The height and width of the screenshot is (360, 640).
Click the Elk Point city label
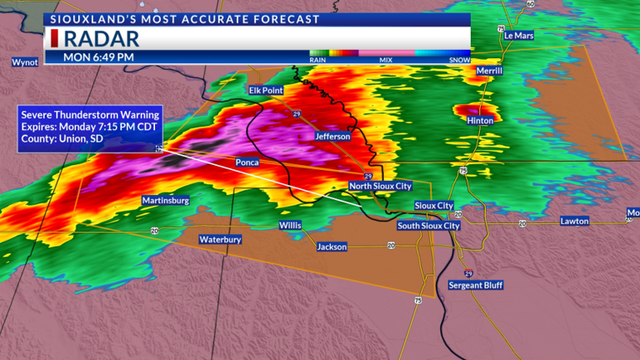click(x=267, y=90)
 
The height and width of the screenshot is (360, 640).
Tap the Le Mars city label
click(x=517, y=37)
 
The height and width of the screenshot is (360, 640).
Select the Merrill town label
click(x=490, y=72)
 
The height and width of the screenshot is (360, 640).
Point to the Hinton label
click(x=480, y=121)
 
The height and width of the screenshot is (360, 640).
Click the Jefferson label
click(x=332, y=136)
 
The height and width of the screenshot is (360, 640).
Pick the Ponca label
click(x=247, y=162)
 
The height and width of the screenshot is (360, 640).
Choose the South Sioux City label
click(x=428, y=226)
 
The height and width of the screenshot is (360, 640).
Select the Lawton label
click(x=574, y=222)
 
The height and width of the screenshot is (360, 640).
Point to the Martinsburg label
click(x=166, y=201)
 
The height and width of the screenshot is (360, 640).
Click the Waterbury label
click(x=220, y=240)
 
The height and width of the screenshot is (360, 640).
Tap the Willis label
click(x=291, y=226)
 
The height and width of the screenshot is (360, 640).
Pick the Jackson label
click(x=332, y=247)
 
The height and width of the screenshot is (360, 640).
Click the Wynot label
click(x=25, y=62)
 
